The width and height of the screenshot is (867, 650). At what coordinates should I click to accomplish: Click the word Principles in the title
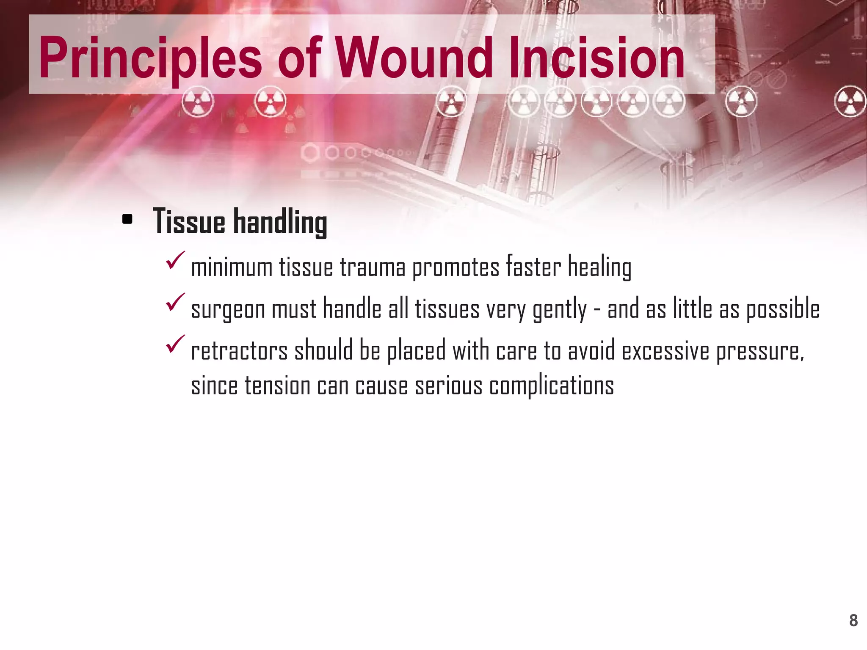(150, 58)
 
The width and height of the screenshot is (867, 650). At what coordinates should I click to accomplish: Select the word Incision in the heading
(597, 58)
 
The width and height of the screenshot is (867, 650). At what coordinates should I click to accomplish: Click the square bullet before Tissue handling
(127, 219)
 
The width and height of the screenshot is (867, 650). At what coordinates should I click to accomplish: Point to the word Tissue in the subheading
(189, 221)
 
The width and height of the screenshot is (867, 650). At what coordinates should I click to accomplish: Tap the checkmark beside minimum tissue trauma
(175, 260)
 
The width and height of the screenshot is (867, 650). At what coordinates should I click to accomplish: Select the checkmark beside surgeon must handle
(175, 302)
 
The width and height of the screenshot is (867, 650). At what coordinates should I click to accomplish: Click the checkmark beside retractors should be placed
(175, 344)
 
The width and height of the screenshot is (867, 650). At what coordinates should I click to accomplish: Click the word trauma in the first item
(373, 268)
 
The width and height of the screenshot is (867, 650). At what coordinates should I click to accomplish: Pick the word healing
(599, 268)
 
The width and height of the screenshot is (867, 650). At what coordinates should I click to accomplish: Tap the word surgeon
(228, 310)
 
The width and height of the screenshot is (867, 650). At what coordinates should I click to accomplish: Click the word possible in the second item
(783, 309)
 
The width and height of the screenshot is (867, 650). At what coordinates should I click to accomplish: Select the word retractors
(239, 351)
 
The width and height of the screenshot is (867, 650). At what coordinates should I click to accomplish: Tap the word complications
(551, 386)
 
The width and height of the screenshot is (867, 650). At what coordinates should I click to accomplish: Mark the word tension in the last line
(277, 386)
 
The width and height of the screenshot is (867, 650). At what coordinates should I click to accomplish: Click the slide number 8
(853, 620)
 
